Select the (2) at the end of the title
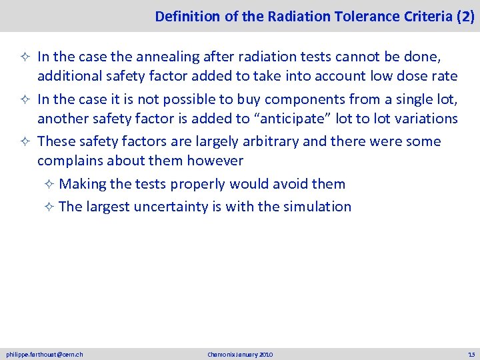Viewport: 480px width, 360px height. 465,17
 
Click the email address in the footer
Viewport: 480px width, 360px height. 45,354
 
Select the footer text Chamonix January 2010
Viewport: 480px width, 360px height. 240,354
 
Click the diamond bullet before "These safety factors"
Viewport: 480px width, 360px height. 29,142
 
